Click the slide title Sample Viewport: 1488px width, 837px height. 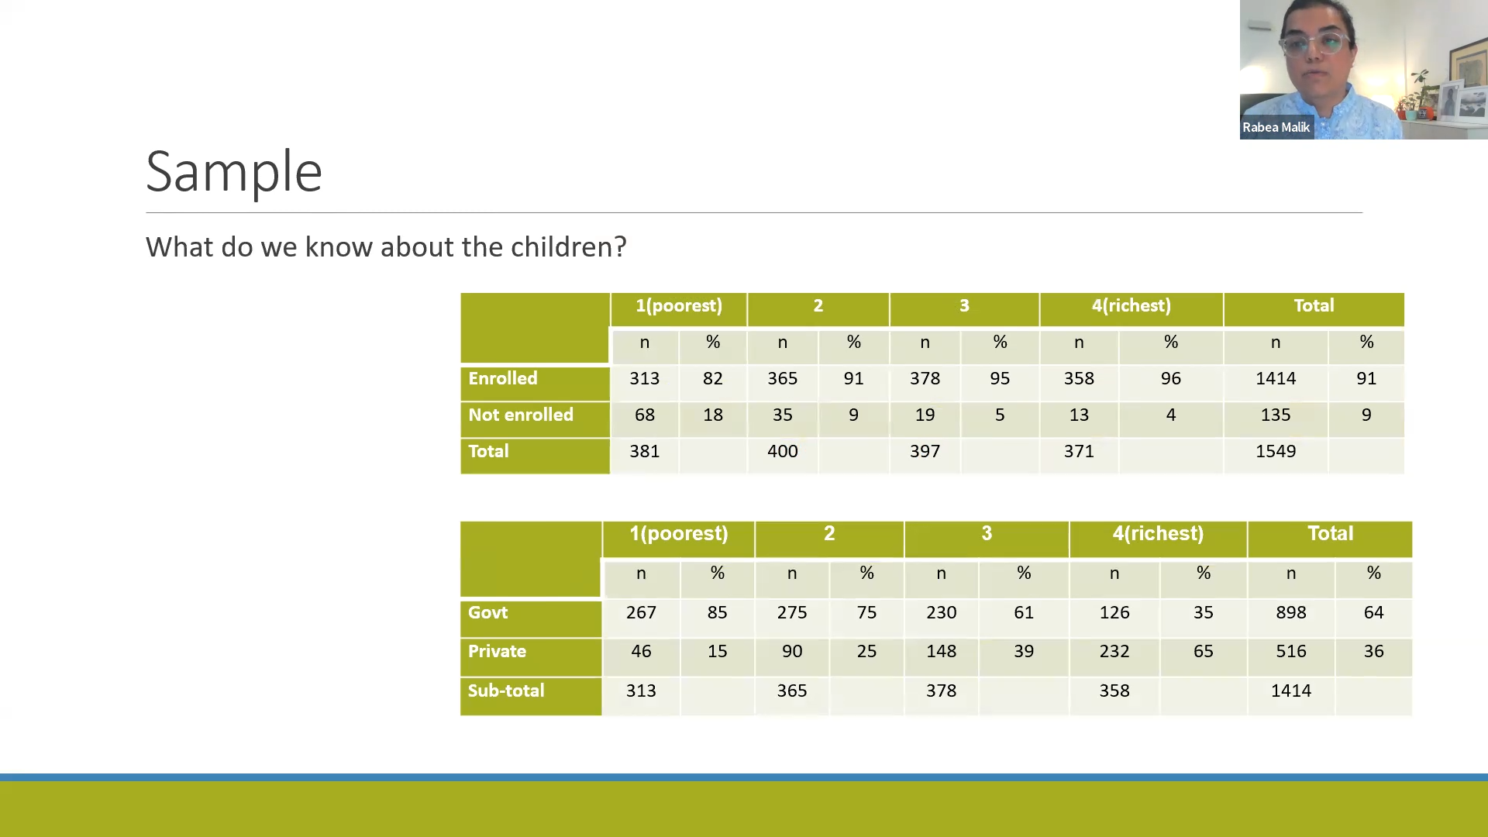pos(233,172)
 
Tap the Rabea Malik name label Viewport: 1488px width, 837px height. pos(1276,127)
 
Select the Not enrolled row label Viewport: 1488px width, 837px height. pos(521,415)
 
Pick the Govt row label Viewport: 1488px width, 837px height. pos(487,613)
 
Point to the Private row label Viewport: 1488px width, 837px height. pos(497,652)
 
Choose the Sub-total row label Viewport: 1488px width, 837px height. pos(506,691)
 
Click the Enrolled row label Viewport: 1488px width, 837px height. pos(502,379)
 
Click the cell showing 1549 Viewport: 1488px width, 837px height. pos(1276,452)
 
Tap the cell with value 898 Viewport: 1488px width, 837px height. pos(1291,613)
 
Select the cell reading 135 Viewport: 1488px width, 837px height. pos(1276,415)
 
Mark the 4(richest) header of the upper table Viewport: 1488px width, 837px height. pos(1131,306)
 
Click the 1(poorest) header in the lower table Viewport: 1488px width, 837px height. pos(679,534)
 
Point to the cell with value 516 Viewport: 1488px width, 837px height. pos(1291,652)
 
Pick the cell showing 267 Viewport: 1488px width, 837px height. pos(641,613)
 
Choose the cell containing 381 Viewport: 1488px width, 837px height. pos(644,452)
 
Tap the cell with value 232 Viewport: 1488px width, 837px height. pos(1114,652)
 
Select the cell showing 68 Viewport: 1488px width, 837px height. pos(645,415)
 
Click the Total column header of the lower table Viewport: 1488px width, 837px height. pos(1331,534)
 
